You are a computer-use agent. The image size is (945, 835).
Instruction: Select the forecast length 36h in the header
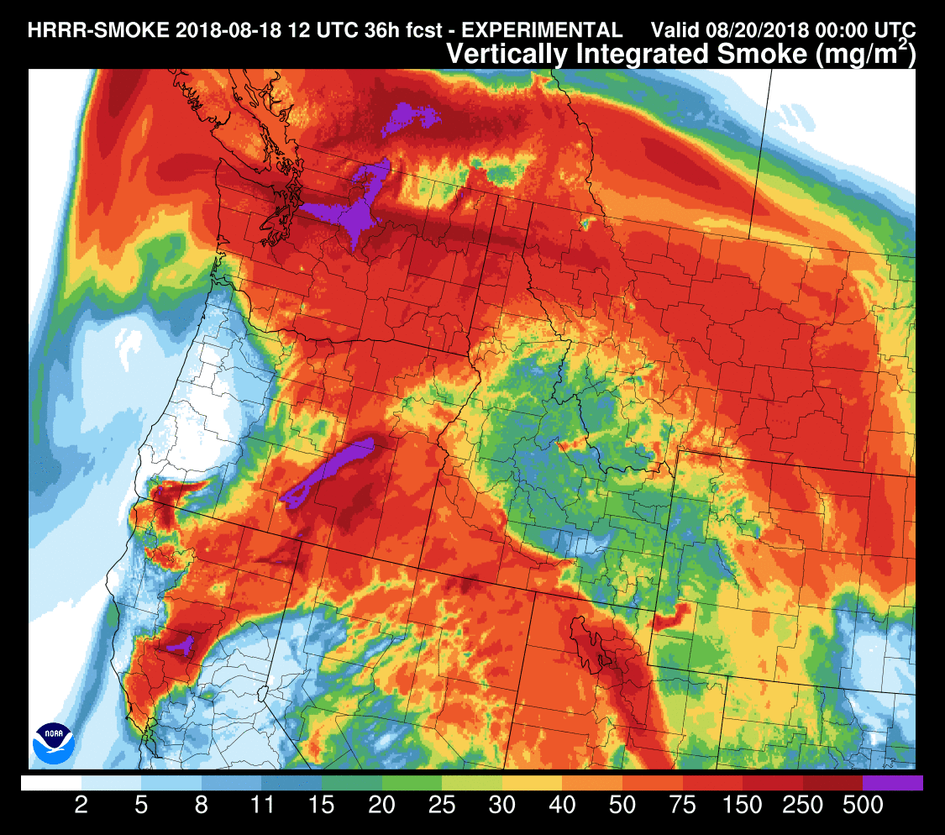coord(350,30)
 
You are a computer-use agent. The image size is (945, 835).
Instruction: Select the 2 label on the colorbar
coord(81,806)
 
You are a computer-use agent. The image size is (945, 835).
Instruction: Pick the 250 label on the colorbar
coord(802,806)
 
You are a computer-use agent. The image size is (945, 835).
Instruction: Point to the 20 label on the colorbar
coord(382,806)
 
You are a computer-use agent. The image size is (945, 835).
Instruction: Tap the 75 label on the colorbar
coord(683,806)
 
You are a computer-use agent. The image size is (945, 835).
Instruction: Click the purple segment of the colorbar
coord(893,783)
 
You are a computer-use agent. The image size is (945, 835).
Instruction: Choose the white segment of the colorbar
coord(50,783)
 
